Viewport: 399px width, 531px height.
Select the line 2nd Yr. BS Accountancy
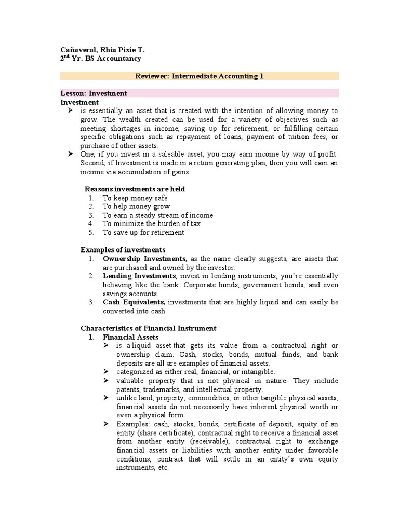[x=101, y=59]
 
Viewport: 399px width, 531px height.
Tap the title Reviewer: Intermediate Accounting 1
[x=199, y=76]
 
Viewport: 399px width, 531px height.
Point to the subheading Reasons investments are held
[x=135, y=189]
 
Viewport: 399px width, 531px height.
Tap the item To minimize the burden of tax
[x=151, y=224]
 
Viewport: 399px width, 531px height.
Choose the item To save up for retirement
[x=143, y=233]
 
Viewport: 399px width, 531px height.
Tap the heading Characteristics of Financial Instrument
[x=149, y=328]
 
